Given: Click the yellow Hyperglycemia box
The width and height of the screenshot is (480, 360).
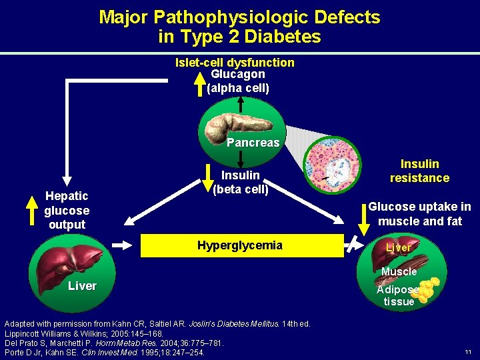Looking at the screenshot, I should [x=240, y=245].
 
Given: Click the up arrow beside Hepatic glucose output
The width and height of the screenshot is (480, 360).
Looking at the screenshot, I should [x=30, y=210].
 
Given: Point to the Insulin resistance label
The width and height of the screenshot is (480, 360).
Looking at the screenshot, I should [x=419, y=171].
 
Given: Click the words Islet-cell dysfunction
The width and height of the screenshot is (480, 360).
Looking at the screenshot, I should [x=235, y=62].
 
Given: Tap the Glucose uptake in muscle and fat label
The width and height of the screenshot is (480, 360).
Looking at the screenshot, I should [x=419, y=214].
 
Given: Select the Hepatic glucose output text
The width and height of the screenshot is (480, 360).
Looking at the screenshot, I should [x=67, y=210].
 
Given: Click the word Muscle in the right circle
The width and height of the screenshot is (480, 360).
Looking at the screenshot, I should [x=399, y=271].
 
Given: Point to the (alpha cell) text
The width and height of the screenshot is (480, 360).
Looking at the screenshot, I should [x=238, y=87].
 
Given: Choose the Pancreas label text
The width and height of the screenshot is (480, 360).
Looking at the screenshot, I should [x=253, y=143].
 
